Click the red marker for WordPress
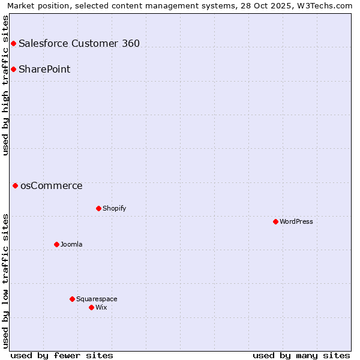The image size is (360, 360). (275, 221)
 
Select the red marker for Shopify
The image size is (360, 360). (98, 208)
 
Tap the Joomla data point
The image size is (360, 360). (56, 244)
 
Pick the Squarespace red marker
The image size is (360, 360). (72, 299)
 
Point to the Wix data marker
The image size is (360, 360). (91, 307)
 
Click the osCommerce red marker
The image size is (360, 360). (15, 185)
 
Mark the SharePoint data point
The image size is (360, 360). (13, 69)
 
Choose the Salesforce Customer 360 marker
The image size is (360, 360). (13, 43)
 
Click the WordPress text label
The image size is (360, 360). (296, 221)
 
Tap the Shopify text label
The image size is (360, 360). (114, 208)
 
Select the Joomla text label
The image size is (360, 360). (71, 244)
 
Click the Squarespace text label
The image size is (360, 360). (97, 299)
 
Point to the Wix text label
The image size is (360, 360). (101, 307)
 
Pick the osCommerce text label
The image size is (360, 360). (52, 185)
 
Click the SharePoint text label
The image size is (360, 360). (44, 69)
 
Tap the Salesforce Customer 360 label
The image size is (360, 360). (79, 43)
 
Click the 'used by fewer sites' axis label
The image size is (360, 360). (62, 355)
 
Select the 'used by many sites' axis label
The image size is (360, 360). (301, 355)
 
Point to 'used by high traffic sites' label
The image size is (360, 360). (5, 85)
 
